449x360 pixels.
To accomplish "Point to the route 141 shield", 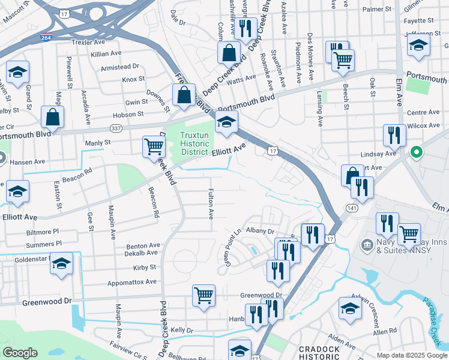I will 351,206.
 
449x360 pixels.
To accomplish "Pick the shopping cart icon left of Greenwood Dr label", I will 203,295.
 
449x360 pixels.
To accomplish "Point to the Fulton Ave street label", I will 211,205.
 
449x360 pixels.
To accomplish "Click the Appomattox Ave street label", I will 132,281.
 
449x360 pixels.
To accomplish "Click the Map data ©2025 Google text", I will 411,355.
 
